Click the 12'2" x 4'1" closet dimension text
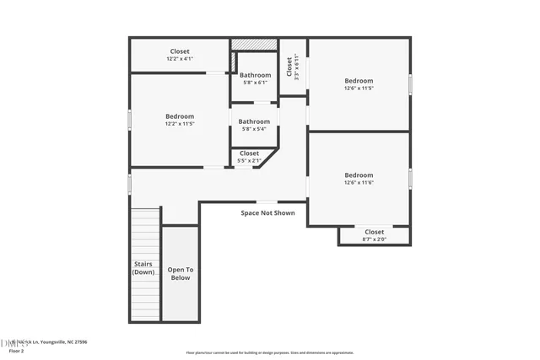[180, 59]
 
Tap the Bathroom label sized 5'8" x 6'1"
[255, 78]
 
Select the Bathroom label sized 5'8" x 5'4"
[254, 125]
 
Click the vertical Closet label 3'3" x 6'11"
[291, 67]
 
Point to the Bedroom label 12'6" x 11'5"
[359, 84]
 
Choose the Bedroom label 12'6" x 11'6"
[359, 179]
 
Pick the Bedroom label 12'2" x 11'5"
[180, 120]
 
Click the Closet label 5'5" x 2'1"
[250, 157]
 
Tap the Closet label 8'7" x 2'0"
[374, 235]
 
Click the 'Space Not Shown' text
[267, 212]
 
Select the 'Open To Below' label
[180, 273]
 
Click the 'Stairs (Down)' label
[143, 268]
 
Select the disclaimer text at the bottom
[270, 352]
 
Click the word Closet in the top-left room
[180, 51]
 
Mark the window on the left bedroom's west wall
[129, 120]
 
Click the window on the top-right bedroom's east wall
[411, 84]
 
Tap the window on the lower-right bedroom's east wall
[411, 179]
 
